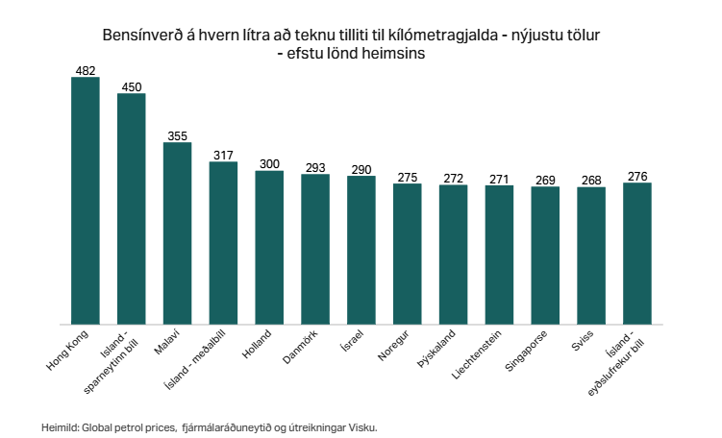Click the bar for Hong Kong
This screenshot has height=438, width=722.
point(85,202)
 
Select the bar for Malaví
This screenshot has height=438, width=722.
point(177,234)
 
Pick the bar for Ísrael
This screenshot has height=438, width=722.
point(361,251)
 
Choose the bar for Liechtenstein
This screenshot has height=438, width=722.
point(499,255)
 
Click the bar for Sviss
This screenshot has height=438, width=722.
point(591,256)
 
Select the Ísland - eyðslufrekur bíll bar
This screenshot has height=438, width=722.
point(637,255)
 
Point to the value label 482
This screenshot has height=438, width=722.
point(85,70)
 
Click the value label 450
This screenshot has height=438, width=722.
point(131,86)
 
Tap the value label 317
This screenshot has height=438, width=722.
point(223,155)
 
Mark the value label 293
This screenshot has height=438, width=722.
point(315,167)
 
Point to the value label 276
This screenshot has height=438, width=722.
point(637,176)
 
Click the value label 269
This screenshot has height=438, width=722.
point(545,180)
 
